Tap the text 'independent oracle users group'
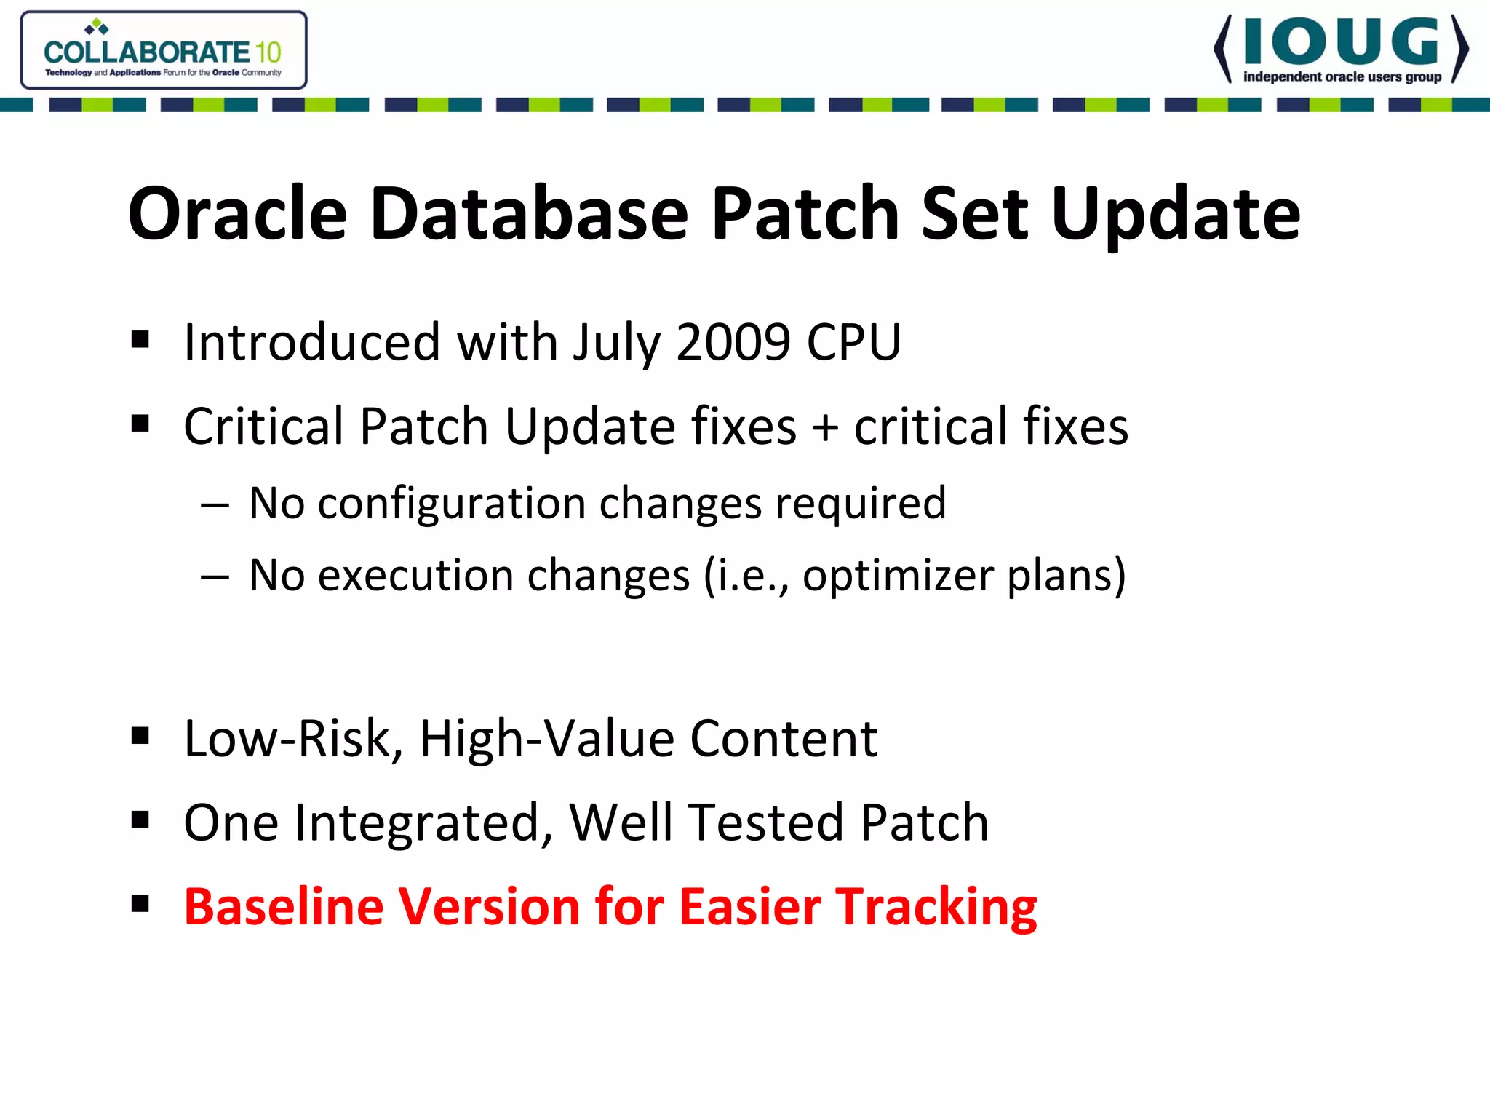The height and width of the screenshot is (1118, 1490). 1342,77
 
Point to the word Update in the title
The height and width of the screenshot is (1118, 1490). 1176,215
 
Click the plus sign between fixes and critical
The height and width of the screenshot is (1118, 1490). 825,427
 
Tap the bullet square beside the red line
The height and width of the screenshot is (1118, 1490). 140,904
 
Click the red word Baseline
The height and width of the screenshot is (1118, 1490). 283,907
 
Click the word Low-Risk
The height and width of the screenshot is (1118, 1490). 293,740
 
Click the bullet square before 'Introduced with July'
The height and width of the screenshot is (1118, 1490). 140,339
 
